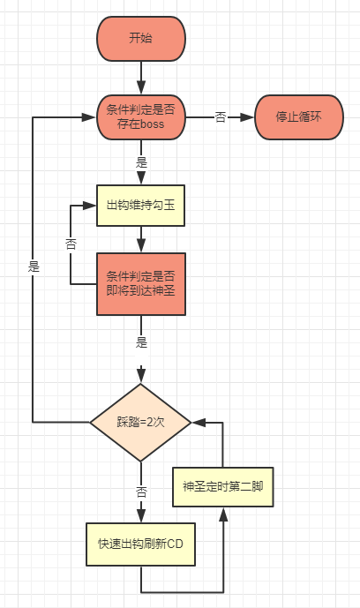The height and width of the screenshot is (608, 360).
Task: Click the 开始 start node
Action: tap(140, 38)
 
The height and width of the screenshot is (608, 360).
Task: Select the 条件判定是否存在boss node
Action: tap(140, 117)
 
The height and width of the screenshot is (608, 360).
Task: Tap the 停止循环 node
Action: tap(299, 117)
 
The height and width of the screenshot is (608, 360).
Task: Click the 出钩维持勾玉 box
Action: tap(140, 205)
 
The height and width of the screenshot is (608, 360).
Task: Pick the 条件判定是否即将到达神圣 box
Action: tap(140, 283)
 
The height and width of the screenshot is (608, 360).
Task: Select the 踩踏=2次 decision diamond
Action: tap(140, 422)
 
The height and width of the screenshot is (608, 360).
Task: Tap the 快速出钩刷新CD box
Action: tap(140, 544)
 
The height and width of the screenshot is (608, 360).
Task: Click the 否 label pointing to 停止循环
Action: tap(220, 117)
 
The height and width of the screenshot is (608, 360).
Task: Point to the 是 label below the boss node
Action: tap(141, 163)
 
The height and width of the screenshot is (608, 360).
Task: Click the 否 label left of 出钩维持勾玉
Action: tap(71, 244)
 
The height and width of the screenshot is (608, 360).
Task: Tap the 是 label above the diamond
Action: tap(141, 341)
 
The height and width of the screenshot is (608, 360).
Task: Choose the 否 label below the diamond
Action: tap(141, 492)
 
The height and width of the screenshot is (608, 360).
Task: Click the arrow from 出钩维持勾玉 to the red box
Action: tap(140, 238)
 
